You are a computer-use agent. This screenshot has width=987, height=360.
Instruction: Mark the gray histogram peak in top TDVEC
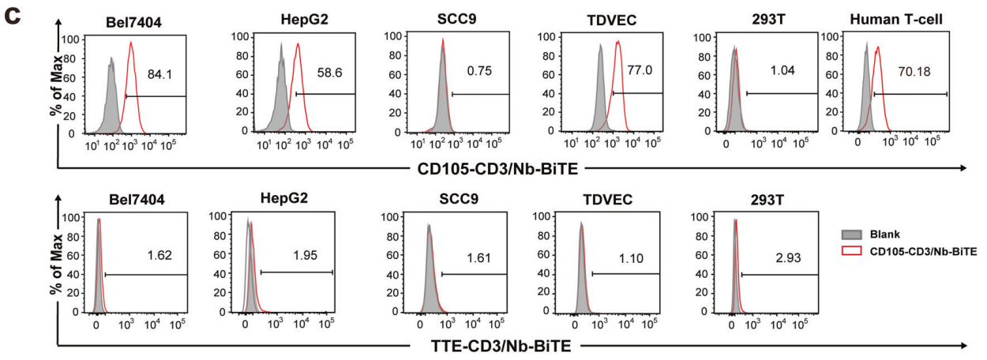[x=602, y=46]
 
